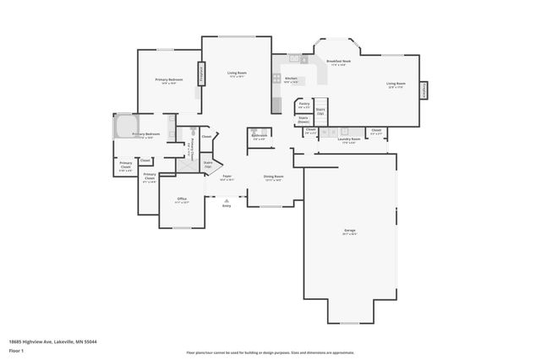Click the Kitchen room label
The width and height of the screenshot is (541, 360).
pyautogui.click(x=291, y=79)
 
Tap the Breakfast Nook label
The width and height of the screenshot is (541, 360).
pyautogui.click(x=339, y=63)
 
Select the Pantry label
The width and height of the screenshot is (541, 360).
pyautogui.click(x=303, y=105)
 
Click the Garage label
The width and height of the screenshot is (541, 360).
pyautogui.click(x=350, y=232)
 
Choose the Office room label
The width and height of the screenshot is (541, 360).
pyautogui.click(x=182, y=200)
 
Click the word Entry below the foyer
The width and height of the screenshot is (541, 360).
pyautogui.click(x=227, y=205)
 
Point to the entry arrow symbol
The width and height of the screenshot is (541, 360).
pyautogui.click(x=227, y=199)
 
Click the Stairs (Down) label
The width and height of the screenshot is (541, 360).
pyautogui.click(x=303, y=120)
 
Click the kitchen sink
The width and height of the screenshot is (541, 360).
pyautogui.click(x=295, y=59)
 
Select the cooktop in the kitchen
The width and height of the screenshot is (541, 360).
pyautogui.click(x=276, y=77)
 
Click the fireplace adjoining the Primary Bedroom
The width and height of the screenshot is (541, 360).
pyautogui.click(x=200, y=74)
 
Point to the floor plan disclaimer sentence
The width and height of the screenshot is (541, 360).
pyautogui.click(x=270, y=352)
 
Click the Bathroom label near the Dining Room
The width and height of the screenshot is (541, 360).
pyautogui.click(x=259, y=136)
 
